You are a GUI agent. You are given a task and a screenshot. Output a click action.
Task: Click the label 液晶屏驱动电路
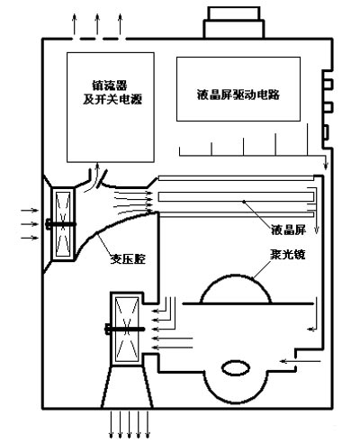tap(238, 95)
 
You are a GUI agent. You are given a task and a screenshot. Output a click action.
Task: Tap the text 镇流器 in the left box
tap(110, 86)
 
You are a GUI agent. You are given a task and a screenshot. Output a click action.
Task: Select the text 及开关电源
tap(112, 99)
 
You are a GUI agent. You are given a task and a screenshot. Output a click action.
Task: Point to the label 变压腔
tap(128, 258)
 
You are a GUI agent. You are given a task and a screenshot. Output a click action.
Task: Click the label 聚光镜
tap(288, 255)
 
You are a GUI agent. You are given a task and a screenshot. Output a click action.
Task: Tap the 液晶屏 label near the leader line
tap(289, 230)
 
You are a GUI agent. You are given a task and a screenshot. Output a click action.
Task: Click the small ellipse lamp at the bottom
tap(236, 367)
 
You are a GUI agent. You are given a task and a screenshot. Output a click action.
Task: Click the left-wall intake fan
tap(63, 223)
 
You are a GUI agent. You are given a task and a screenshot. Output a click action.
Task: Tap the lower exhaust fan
tap(127, 330)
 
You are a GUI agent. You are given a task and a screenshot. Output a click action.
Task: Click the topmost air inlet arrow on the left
tap(30, 211)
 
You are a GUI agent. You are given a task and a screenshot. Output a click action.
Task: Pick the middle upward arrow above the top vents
tap(97, 24)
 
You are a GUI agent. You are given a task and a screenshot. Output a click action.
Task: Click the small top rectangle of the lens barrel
tap(234, 14)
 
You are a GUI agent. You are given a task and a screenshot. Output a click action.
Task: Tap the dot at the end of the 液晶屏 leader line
tap(244, 202)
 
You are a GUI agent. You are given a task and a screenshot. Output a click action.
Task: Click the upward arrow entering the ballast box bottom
tap(97, 174)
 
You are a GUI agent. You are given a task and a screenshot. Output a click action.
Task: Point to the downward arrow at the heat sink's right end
tap(326, 162)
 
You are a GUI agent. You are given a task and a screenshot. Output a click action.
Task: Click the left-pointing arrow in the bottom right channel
tap(301, 361)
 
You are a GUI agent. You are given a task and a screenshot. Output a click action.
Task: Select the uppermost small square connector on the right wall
tap(328, 84)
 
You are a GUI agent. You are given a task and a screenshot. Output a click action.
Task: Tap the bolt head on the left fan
tap(49, 224)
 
